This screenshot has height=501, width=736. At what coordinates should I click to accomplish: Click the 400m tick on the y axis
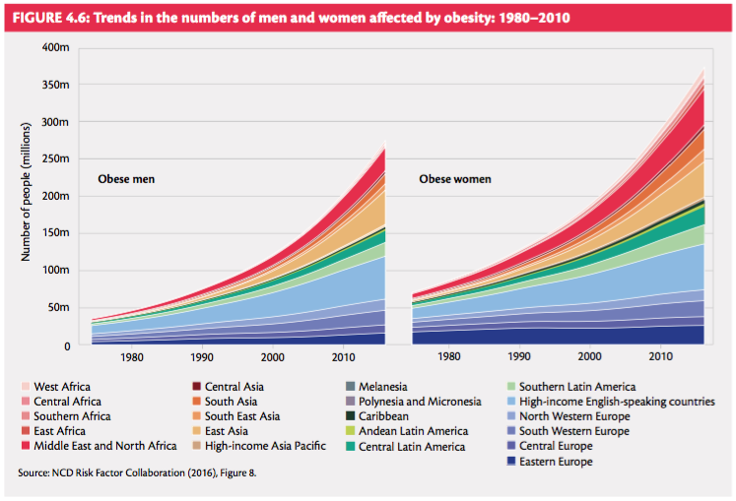[55, 48]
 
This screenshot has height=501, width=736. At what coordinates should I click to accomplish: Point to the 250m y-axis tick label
[55, 159]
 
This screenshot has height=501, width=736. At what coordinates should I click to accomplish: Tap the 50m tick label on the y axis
[58, 308]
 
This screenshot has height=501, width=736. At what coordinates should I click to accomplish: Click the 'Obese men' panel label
[126, 179]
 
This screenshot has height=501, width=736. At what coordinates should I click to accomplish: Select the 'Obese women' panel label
[455, 179]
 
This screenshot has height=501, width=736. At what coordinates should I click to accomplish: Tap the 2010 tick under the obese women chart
[660, 357]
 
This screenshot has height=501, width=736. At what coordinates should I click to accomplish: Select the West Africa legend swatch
[25, 387]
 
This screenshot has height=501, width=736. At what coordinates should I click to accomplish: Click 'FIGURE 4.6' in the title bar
[46, 17]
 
